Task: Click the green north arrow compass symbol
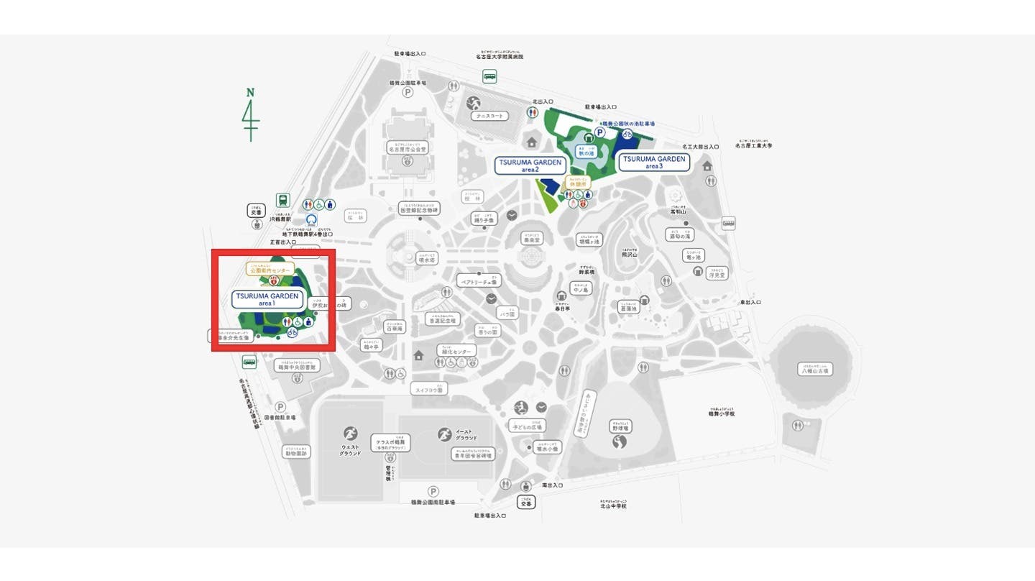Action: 251,115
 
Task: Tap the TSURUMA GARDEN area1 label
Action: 267,299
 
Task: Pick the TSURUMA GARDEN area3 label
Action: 654,162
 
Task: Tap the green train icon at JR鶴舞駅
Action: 283,201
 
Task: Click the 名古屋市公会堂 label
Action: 408,149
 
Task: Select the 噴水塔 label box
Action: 427,259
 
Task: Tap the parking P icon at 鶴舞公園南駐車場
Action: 433,491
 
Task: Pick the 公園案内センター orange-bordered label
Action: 270,270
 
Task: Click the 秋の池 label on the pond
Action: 587,152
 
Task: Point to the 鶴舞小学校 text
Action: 721,413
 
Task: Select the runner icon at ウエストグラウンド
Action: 350,434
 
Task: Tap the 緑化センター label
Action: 456,351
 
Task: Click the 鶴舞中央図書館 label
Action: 297,367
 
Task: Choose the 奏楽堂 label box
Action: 533,238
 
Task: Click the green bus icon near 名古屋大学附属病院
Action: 490,76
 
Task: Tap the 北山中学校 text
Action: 613,505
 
